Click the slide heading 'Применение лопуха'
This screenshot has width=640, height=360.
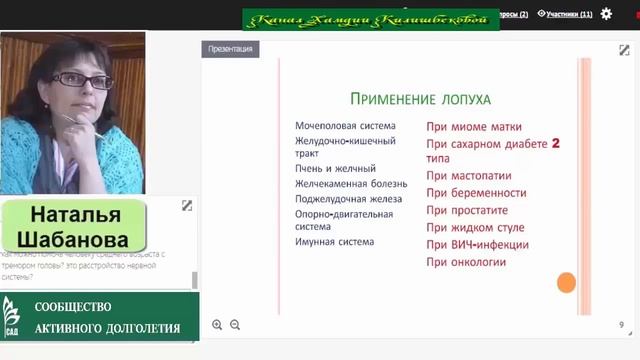420,98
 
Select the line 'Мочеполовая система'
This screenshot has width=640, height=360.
345,126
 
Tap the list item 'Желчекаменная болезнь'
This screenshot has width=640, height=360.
351,183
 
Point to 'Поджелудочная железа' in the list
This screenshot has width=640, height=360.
349,198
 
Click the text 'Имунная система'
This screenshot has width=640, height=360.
334,241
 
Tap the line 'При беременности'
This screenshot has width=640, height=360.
476,193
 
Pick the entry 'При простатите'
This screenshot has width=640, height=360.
467,210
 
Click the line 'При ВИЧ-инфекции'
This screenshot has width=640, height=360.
477,245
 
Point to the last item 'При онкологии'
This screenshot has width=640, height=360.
466,262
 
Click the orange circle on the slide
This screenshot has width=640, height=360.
566,283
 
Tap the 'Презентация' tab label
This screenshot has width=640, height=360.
230,49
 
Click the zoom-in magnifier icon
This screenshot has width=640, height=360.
218,325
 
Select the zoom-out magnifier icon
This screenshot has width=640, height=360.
235,325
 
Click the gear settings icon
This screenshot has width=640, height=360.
607,14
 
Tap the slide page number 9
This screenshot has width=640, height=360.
621,325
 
